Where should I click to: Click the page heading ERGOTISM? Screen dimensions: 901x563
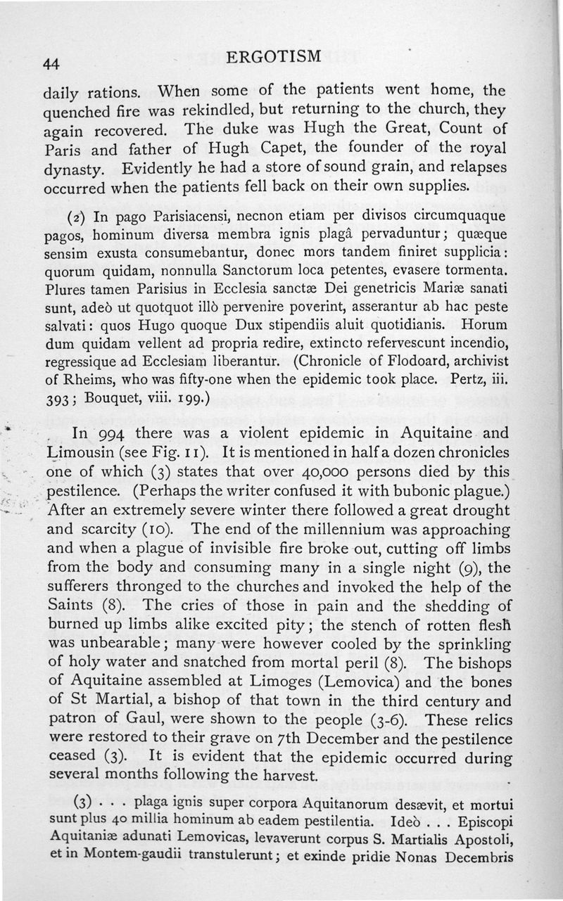pyautogui.click(x=274, y=56)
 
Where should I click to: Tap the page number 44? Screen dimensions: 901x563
pyautogui.click(x=50, y=64)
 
